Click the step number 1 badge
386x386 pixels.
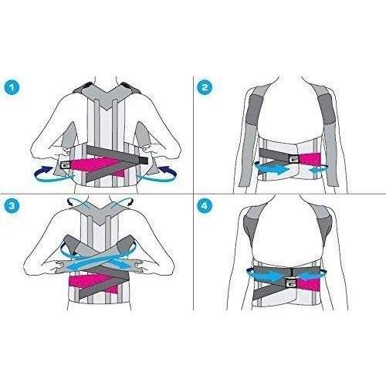pyautogui.click(x=12, y=87)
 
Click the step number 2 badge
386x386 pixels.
pyautogui.click(x=205, y=87)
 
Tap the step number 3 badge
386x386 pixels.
pyautogui.click(x=12, y=205)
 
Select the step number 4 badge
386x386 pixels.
pyautogui.click(x=205, y=205)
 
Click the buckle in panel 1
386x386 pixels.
pyautogui.click(x=65, y=164)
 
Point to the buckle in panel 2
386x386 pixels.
pyautogui.click(x=293, y=160)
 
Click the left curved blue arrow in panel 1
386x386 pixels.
pyautogui.click(x=52, y=176)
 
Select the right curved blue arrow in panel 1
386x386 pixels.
pyautogui.click(x=157, y=175)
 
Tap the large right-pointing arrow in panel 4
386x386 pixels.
pyautogui.click(x=269, y=276)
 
